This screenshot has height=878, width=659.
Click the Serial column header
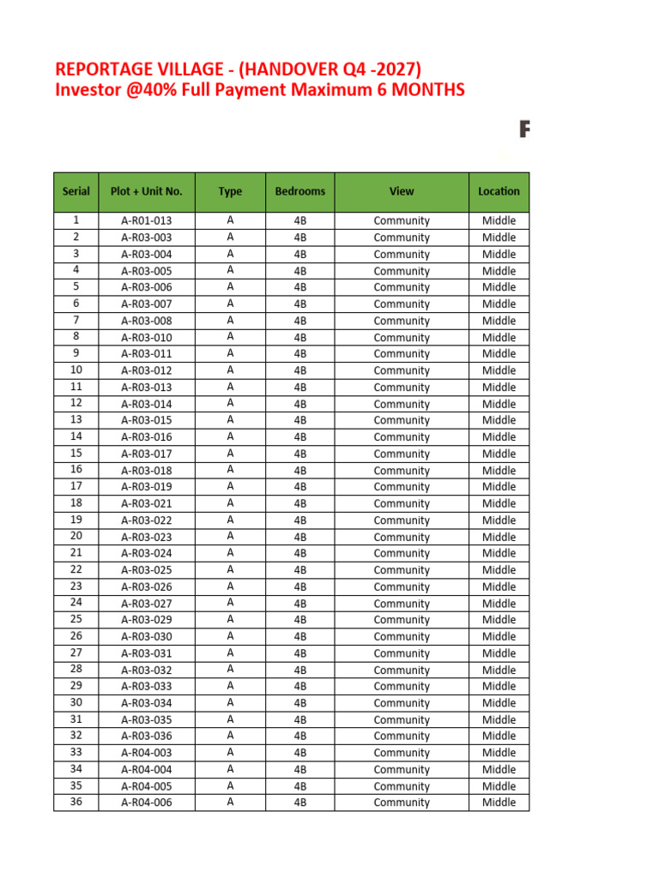click(x=76, y=192)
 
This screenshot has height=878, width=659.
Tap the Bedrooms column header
click(x=299, y=192)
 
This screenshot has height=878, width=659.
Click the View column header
click(x=401, y=192)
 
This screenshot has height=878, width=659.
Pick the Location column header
click(x=499, y=192)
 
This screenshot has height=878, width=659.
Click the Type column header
click(x=230, y=192)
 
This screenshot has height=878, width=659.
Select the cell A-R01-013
click(x=146, y=221)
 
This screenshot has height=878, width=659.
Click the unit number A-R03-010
click(x=146, y=338)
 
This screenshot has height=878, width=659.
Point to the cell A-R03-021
click(x=146, y=504)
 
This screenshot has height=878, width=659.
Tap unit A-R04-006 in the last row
click(x=146, y=803)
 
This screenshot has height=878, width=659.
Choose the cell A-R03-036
click(x=146, y=737)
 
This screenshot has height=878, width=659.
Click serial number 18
click(x=76, y=503)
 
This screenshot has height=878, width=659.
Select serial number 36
click(x=76, y=803)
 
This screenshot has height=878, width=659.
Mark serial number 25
click(x=76, y=619)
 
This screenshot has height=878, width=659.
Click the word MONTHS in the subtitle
click(x=426, y=90)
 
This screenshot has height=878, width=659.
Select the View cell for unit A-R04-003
click(x=401, y=754)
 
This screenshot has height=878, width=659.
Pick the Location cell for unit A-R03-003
click(x=499, y=238)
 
